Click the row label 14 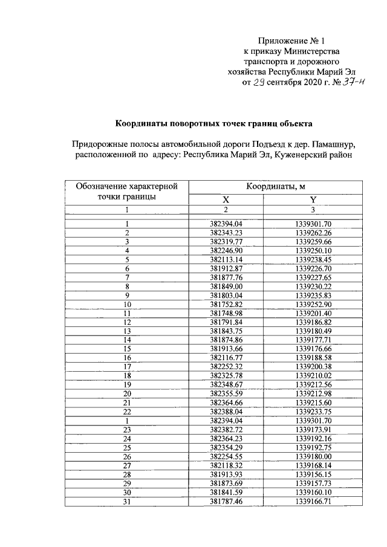click(128, 340)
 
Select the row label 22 click(128, 410)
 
